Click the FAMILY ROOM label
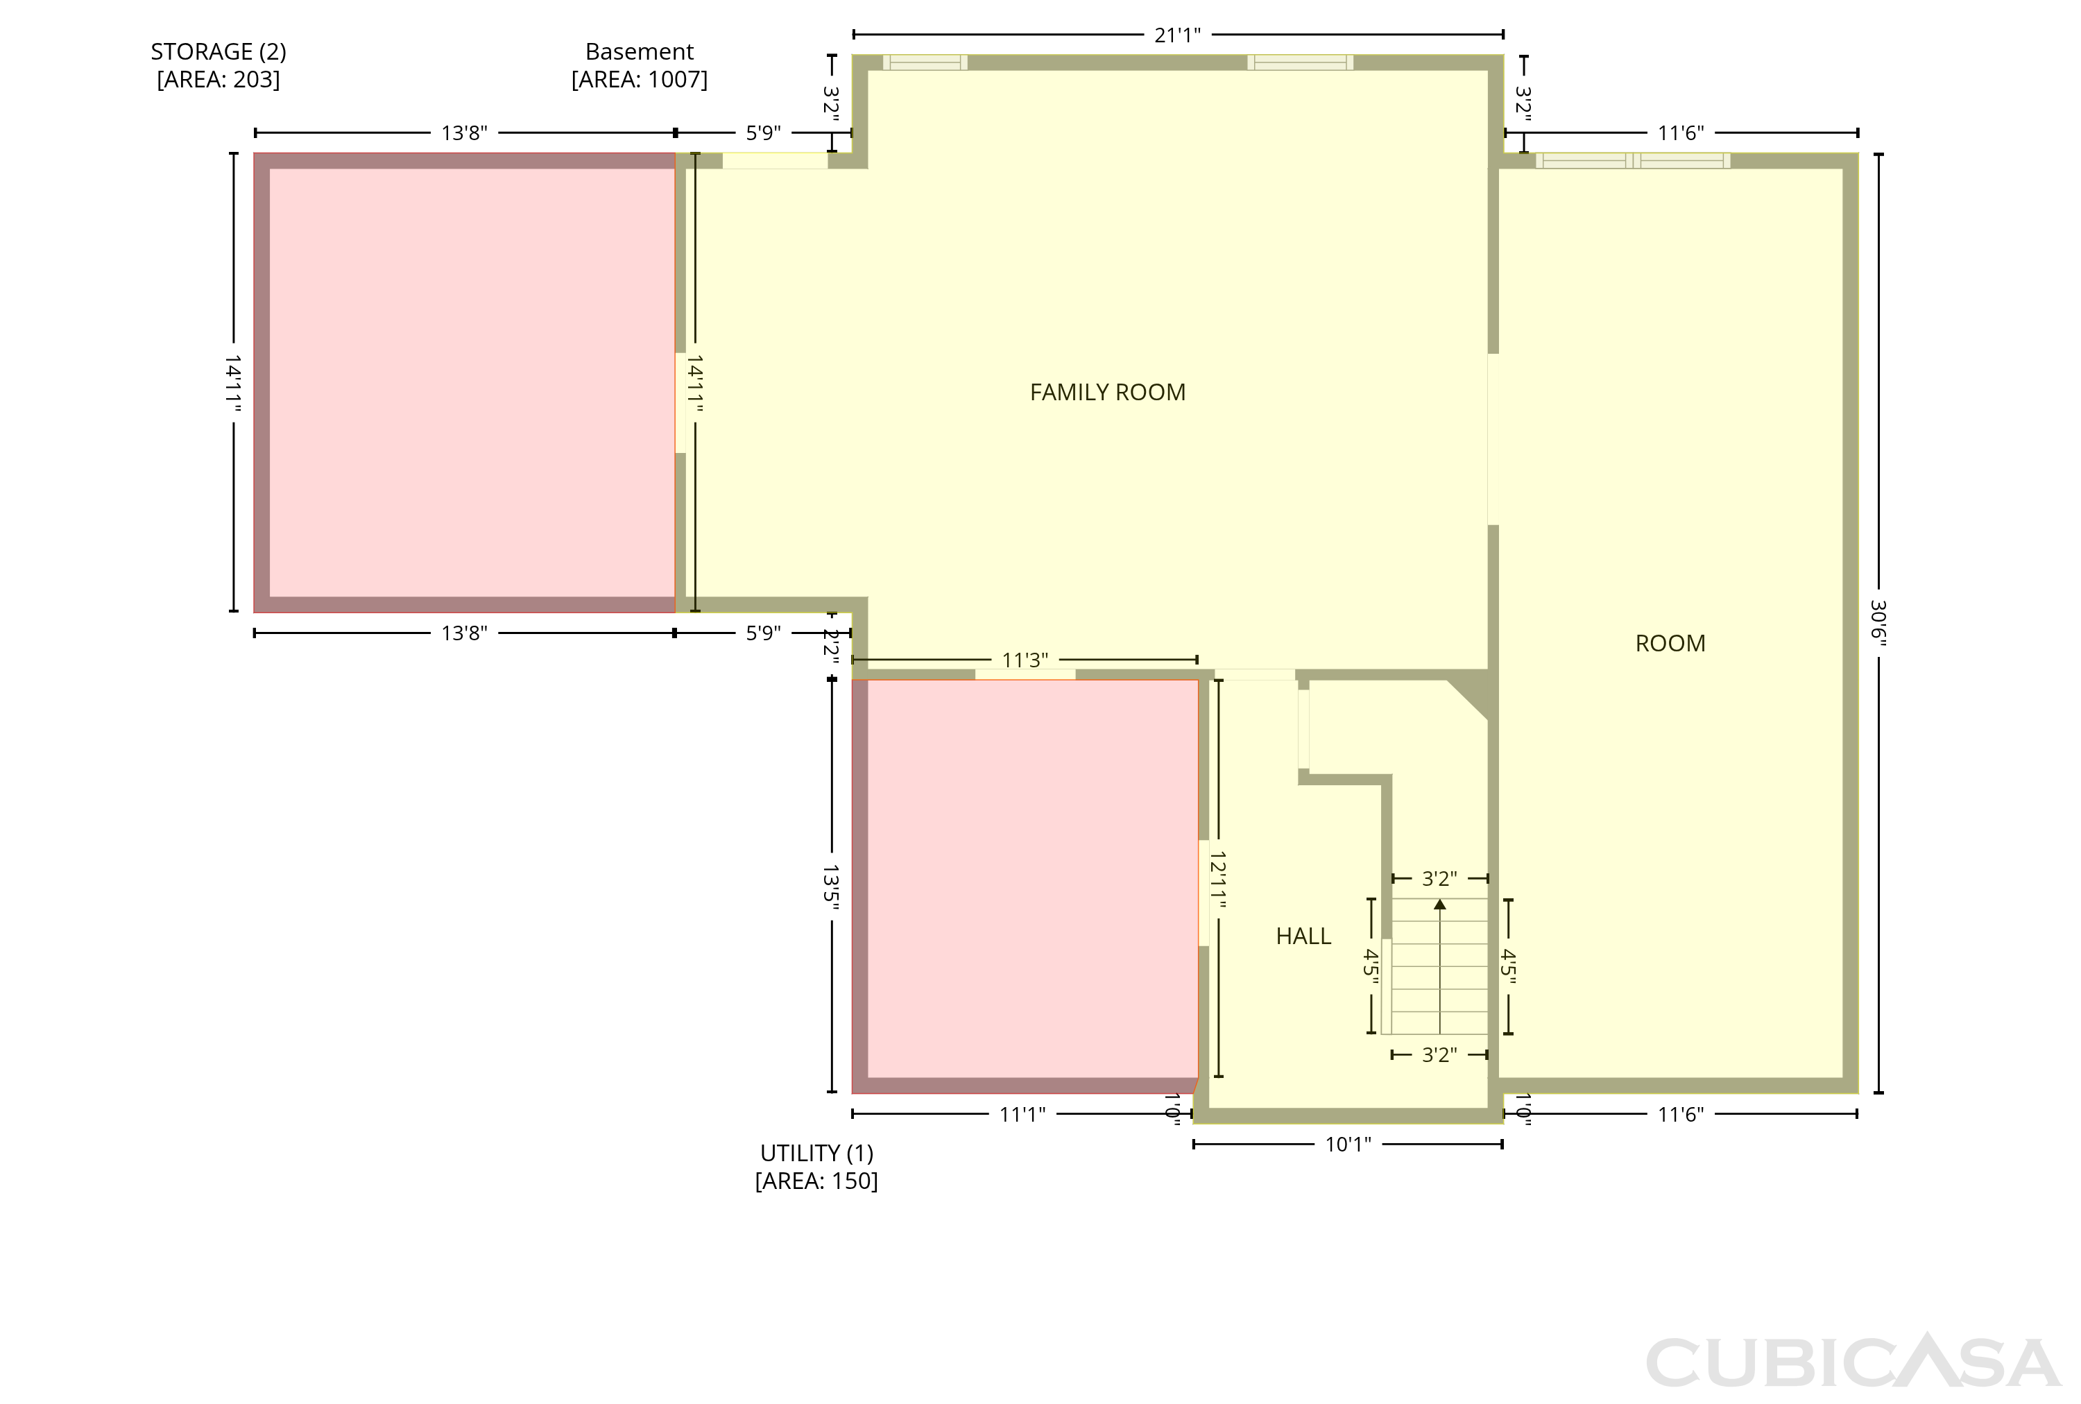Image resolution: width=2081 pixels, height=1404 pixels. tap(1108, 392)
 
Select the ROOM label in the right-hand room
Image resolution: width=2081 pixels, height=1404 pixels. tap(1670, 644)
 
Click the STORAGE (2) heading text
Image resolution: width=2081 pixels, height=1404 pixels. tap(219, 52)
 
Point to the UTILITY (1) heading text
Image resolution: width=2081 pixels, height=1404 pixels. tap(816, 1154)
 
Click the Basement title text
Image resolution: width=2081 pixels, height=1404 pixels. tap(640, 52)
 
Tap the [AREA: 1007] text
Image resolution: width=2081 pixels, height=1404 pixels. tap(640, 80)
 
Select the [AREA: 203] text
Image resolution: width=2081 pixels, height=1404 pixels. tap(219, 80)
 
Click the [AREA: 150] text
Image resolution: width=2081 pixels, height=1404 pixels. tap(816, 1181)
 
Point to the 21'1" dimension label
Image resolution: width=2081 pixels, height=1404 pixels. tap(1178, 35)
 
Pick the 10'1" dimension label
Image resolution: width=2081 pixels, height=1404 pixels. tap(1348, 1145)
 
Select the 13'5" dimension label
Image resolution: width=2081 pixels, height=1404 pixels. tap(831, 887)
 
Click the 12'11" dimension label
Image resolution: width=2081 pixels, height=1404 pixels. tap(1218, 880)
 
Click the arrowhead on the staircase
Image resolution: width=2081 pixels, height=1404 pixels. tap(1440, 905)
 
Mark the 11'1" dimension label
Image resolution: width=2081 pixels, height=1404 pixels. tap(1022, 1114)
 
